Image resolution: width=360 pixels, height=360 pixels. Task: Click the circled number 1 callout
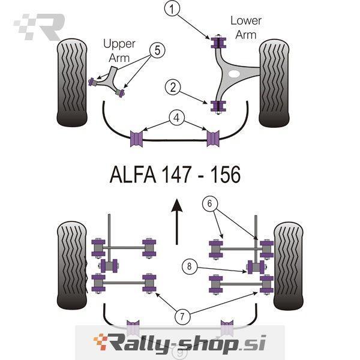[x=173, y=9]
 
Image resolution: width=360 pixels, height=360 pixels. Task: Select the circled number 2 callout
[x=173, y=88]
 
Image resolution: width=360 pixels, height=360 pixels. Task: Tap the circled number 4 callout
[x=176, y=118]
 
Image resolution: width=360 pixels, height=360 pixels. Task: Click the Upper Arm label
[x=119, y=51]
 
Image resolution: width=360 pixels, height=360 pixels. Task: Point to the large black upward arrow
[x=176, y=221]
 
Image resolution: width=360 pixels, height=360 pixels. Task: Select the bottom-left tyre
[x=73, y=265]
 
